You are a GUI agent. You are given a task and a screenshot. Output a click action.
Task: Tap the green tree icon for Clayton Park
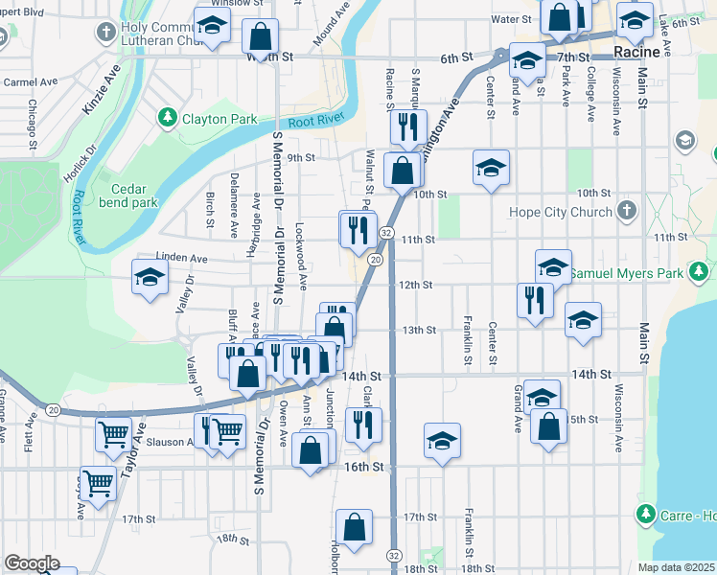[169, 118]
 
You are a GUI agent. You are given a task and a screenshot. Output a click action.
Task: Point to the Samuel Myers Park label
[627, 274]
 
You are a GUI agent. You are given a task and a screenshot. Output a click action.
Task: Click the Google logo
[32, 563]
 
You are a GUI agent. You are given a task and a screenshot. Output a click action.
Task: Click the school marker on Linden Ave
[149, 279]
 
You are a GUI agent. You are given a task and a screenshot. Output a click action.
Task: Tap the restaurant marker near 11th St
[358, 229]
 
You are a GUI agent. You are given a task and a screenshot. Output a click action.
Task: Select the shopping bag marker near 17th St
[355, 527]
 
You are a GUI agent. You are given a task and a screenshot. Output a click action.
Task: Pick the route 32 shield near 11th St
[385, 233]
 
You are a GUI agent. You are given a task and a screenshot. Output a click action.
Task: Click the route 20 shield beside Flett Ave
[53, 409]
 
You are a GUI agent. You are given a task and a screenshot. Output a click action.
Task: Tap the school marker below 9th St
[490, 169]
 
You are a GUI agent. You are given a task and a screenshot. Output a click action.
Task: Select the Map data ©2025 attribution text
[677, 567]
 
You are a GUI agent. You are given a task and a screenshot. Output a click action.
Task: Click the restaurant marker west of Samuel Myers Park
[535, 299]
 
